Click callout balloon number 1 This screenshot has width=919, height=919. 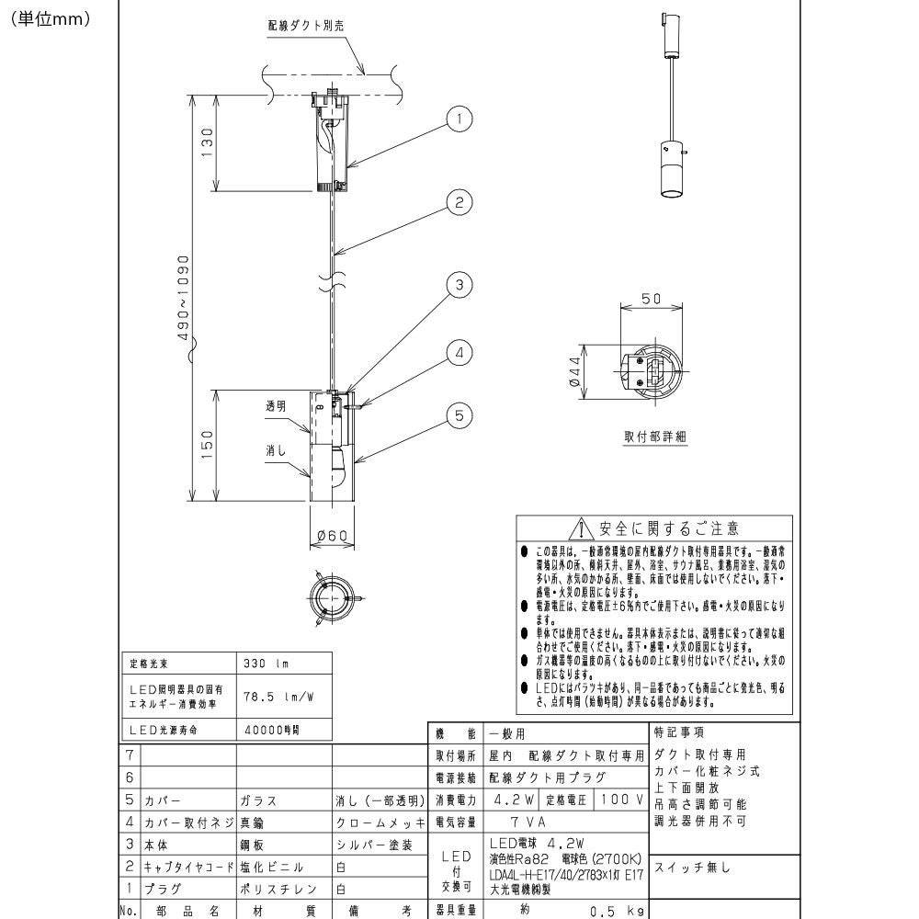(x=459, y=119)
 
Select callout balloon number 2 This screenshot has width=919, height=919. (x=459, y=203)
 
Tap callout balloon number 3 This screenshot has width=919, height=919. (x=459, y=285)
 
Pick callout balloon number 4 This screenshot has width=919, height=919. (x=459, y=352)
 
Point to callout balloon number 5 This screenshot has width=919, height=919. (x=459, y=416)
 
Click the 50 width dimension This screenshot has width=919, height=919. (x=651, y=300)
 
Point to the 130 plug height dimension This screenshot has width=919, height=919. (x=208, y=142)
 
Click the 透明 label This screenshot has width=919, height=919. (x=276, y=405)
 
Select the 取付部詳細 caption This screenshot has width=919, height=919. (x=655, y=437)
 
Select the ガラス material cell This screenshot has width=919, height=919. (x=258, y=800)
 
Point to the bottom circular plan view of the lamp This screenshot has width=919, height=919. (x=328, y=598)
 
